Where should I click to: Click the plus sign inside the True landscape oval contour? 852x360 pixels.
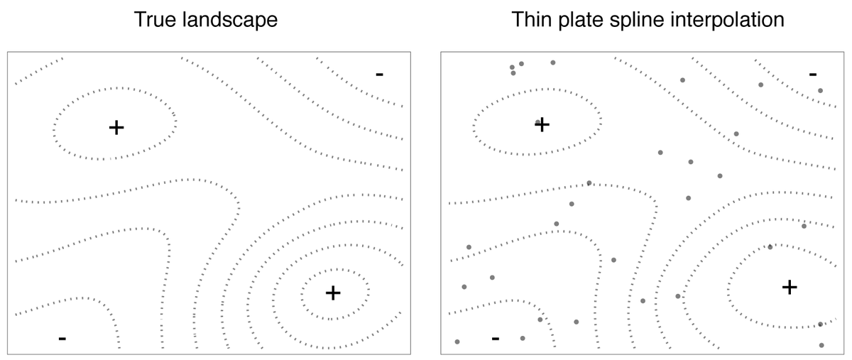pos(116,127)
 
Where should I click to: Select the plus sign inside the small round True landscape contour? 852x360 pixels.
pos(333,293)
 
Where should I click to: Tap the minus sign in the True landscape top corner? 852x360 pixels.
pos(380,73)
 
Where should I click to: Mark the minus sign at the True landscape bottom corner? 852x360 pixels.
pos(62,339)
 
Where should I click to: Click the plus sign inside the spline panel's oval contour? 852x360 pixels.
pos(542,124)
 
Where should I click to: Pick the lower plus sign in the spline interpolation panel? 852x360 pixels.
pos(790,287)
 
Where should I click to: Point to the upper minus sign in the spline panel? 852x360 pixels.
pos(813,74)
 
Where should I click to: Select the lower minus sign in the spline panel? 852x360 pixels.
pos(495,338)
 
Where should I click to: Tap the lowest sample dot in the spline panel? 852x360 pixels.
pos(821,345)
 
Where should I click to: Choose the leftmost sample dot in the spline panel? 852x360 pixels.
pos(457,342)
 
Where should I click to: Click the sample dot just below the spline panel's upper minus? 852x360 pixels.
pos(820,91)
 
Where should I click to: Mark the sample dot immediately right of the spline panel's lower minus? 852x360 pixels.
pos(523,339)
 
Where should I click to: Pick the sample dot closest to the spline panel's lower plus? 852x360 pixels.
pos(770,247)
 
